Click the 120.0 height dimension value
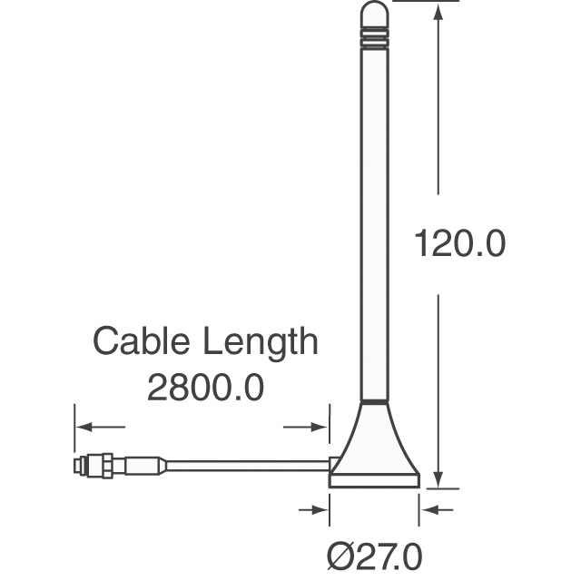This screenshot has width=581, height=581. point(458,243)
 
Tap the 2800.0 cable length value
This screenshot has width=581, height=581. point(205,388)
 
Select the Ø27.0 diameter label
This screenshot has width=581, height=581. point(374,555)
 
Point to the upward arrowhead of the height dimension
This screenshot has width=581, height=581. point(438,11)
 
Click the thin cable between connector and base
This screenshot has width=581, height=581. point(245,466)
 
